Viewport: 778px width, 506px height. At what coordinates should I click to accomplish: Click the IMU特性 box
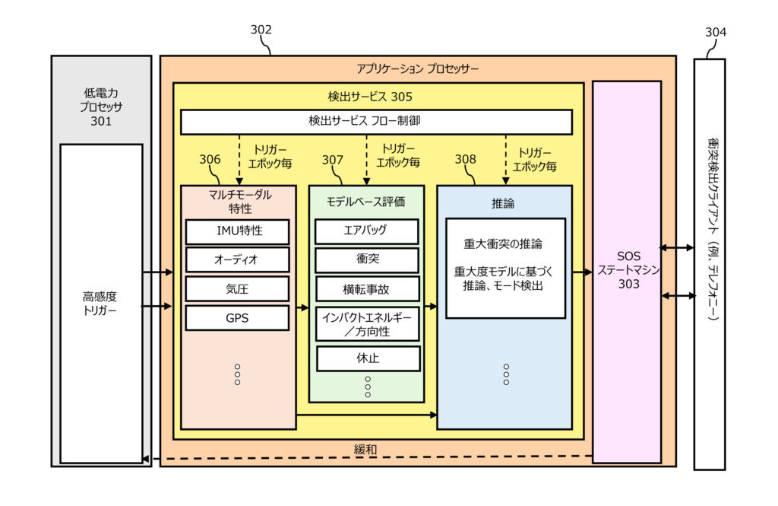[x=237, y=231]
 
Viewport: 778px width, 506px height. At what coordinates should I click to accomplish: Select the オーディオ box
[x=237, y=259]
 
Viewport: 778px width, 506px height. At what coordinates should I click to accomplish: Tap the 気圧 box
[x=237, y=288]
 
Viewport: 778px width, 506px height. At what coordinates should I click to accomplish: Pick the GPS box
[x=237, y=317]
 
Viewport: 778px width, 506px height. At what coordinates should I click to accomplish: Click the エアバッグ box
[x=367, y=231]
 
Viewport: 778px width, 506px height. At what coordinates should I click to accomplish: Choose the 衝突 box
[x=367, y=259]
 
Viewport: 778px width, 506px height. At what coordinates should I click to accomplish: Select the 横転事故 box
[x=367, y=288]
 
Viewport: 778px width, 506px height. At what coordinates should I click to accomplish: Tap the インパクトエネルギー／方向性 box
[x=367, y=324]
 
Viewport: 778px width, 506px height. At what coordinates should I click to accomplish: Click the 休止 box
[x=367, y=358]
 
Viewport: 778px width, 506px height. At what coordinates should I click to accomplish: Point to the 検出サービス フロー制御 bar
[x=376, y=122]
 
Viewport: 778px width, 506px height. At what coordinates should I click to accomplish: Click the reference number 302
[x=261, y=30]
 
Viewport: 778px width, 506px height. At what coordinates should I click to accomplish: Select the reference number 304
[x=715, y=32]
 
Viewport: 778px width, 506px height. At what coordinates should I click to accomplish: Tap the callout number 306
[x=210, y=160]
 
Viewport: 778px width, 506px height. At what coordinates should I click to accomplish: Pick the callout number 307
[x=333, y=160]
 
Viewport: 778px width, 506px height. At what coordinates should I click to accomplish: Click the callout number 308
[x=465, y=160]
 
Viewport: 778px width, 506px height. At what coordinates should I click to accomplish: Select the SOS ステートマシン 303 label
[x=628, y=270]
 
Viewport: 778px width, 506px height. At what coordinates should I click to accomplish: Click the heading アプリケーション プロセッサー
[x=417, y=68]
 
